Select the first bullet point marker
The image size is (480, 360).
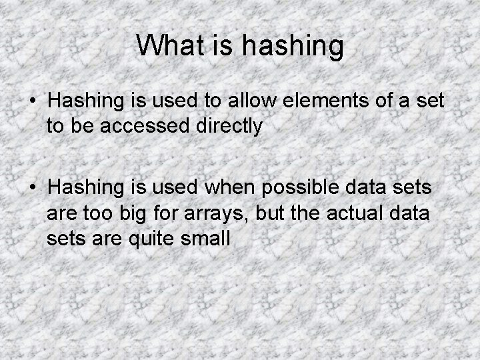coord(33,102)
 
